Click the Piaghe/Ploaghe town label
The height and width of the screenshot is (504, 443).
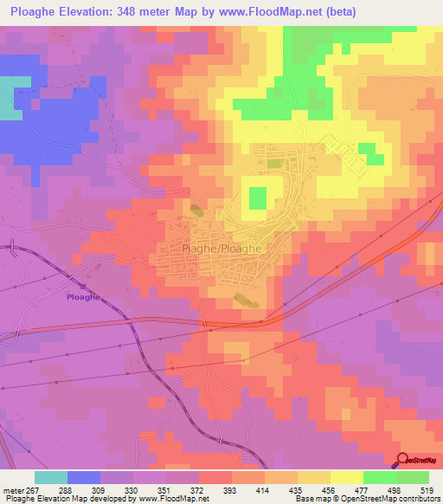pos(221,248)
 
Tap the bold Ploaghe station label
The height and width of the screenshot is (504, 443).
pos(84,295)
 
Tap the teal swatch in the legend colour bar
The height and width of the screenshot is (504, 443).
pos(50,477)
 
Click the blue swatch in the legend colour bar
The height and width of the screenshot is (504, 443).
pos(83,477)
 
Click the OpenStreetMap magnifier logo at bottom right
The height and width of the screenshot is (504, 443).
pos(404,461)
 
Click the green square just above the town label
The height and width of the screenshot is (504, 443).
pos(258,198)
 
